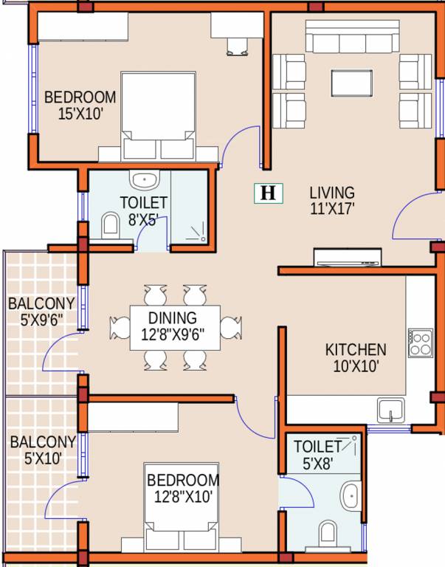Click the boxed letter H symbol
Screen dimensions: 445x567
pyautogui.click(x=268, y=193)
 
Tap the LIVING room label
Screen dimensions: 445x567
pyautogui.click(x=332, y=193)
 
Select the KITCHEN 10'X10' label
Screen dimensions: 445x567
pyautogui.click(x=356, y=358)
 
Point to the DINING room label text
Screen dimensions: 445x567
pyautogui.click(x=173, y=318)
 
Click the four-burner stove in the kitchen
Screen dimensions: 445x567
pyautogui.click(x=421, y=343)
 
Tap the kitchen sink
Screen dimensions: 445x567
pyautogui.click(x=391, y=410)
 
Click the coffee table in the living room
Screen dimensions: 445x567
pyautogui.click(x=352, y=83)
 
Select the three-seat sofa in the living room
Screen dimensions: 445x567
pyautogui.click(x=353, y=36)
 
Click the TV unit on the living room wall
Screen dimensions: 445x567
pyautogui.click(x=348, y=257)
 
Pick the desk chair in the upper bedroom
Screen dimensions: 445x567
pyautogui.click(x=237, y=47)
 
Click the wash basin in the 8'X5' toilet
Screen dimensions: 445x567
pyautogui.click(x=145, y=179)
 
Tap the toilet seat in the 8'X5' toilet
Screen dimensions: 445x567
pyautogui.click(x=110, y=226)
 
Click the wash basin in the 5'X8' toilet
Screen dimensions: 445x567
pyautogui.click(x=351, y=496)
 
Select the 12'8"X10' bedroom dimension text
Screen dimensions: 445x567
pyautogui.click(x=182, y=497)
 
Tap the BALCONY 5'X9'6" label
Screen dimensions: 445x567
pyautogui.click(x=41, y=312)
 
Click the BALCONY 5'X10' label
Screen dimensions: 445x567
pyautogui.click(x=43, y=450)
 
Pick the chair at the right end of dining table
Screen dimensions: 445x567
pyautogui.click(x=231, y=328)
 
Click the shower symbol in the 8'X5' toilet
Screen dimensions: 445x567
pyautogui.click(x=196, y=233)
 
